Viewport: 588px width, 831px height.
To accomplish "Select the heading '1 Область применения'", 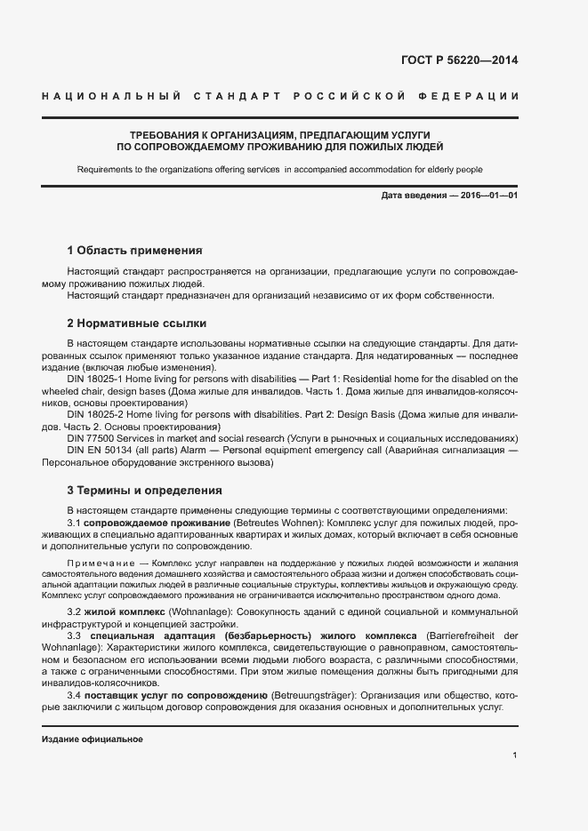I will pos(135,250).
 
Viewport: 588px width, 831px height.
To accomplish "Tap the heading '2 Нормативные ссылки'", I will pos(136,323).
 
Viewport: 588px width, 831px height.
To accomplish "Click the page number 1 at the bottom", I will pos(514,755).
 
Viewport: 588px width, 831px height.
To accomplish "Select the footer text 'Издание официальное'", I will pos(93,739).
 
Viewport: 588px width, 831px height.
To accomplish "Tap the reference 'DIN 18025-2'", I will pos(97,414).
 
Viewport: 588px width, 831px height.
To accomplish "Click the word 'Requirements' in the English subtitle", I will pos(103,169).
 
